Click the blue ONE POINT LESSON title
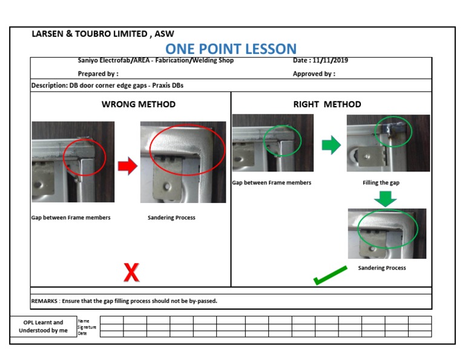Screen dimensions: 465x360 pyautogui.click(x=231, y=49)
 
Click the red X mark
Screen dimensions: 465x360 pyautogui.click(x=131, y=272)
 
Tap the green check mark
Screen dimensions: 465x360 pyautogui.click(x=330, y=275)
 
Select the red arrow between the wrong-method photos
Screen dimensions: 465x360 pyautogui.click(x=128, y=166)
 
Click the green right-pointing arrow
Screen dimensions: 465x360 pyautogui.click(x=331, y=145)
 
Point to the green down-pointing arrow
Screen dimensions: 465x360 pyautogui.click(x=385, y=199)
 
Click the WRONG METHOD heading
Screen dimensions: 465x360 pyautogui.click(x=139, y=104)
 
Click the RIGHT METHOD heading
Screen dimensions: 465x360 pyautogui.click(x=327, y=104)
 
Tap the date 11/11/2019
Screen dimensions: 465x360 pyautogui.click(x=330, y=60)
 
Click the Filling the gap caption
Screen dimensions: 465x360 pyautogui.click(x=381, y=182)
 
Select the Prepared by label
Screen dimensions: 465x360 pyautogui.click(x=98, y=73)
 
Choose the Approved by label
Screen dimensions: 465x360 pyautogui.click(x=314, y=73)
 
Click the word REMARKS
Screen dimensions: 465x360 pyautogui.click(x=44, y=301)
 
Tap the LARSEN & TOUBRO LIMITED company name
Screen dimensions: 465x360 pyautogui.click(x=90, y=34)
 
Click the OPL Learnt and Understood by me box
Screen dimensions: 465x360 pyautogui.click(x=44, y=326)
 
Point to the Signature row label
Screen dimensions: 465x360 pyautogui.click(x=87, y=327)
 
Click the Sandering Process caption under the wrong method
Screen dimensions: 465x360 pyautogui.click(x=171, y=218)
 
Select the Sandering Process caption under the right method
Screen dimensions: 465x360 pyautogui.click(x=382, y=268)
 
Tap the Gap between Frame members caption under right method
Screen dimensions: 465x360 pyautogui.click(x=272, y=182)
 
